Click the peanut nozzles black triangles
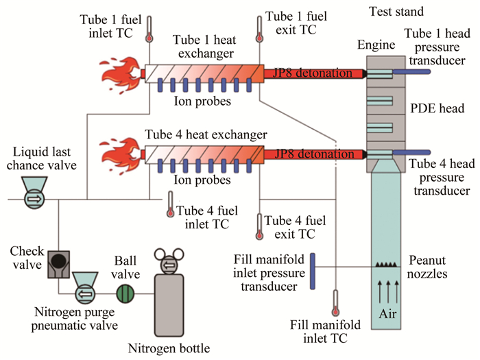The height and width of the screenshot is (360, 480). pyautogui.click(x=387, y=264)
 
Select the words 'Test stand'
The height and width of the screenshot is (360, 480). pyautogui.click(x=396, y=12)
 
